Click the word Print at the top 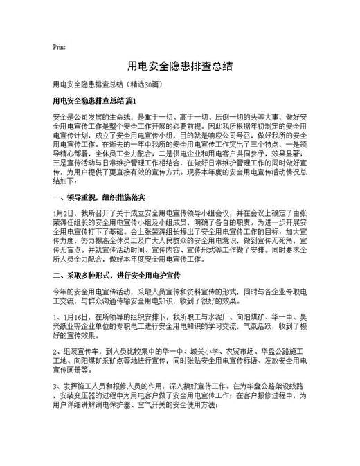tap(59, 47)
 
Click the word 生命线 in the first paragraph tap(123, 117)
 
